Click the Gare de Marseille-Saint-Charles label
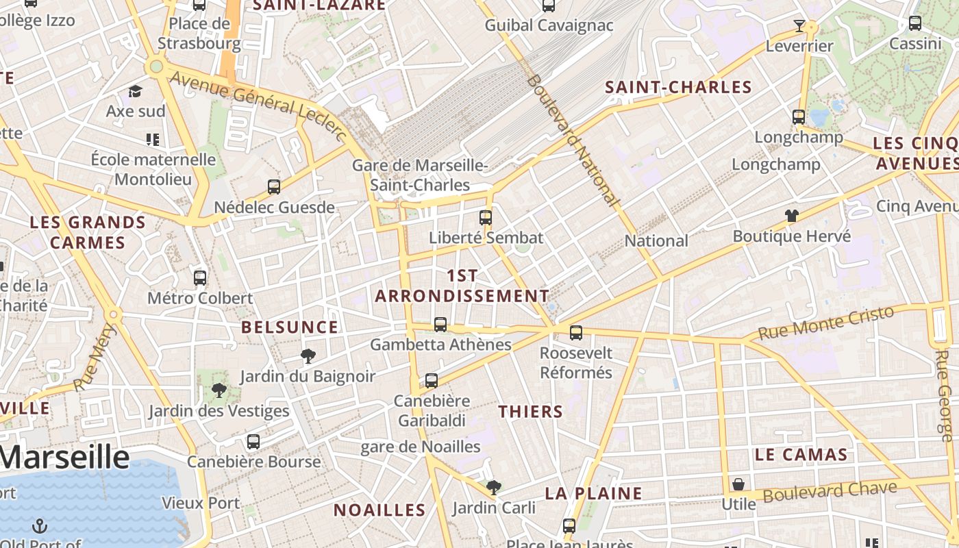(420, 175)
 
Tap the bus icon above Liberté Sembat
(486, 218)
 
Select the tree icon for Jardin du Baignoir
(308, 356)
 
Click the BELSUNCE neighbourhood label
(290, 327)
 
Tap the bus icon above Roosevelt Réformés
(576, 333)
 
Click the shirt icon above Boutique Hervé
(792, 216)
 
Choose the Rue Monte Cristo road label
(826, 323)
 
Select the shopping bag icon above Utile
(738, 484)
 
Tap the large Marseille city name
(64, 457)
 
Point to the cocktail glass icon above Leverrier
(799, 26)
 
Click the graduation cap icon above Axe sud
(135, 91)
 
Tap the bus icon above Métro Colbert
(200, 277)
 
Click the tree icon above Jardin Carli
(493, 488)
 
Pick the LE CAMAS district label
(801, 454)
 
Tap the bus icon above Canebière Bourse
(253, 442)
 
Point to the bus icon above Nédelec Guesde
(274, 187)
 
